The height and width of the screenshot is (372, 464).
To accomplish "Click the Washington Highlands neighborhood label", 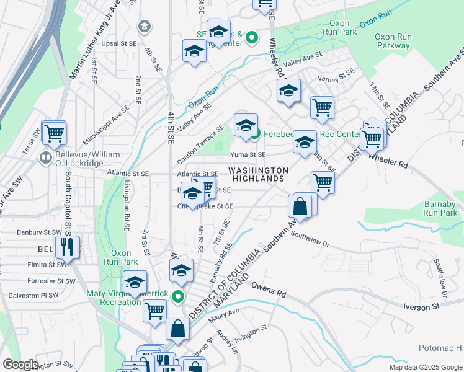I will [x=259, y=174].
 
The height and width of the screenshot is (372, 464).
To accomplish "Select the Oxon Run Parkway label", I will [x=393, y=41].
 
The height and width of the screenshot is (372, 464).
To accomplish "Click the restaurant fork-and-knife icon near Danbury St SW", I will [x=68, y=247].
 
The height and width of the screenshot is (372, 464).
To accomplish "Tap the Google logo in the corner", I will [x=20, y=365].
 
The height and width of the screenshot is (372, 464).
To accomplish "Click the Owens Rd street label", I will [x=269, y=289].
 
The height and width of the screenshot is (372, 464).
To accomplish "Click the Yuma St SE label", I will [x=248, y=154].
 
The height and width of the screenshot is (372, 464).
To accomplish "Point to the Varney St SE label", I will [x=336, y=76].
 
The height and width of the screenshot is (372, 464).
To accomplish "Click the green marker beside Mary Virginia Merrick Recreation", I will [x=178, y=296].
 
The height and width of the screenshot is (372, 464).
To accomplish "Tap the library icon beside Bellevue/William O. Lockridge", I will [x=45, y=158].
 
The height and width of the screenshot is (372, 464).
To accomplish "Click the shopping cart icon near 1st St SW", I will [x=54, y=132].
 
